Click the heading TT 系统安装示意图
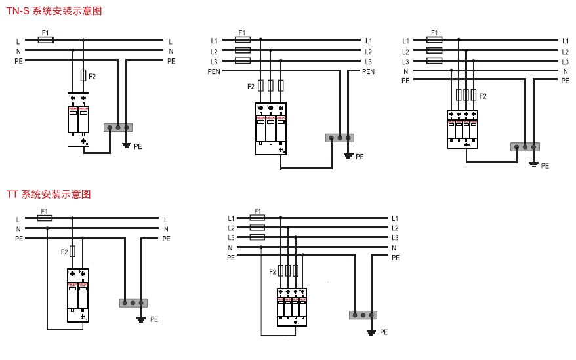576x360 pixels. click(x=48, y=194)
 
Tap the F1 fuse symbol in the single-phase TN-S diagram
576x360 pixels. click(x=45, y=40)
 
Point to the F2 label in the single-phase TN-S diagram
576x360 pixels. click(x=93, y=77)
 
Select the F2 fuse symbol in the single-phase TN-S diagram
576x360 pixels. click(x=83, y=75)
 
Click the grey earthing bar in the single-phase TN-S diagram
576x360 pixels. click(x=118, y=128)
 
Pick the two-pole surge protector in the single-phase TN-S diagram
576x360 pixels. click(x=78, y=119)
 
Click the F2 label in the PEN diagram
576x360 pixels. click(x=251, y=86)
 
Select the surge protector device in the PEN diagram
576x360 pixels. click(x=271, y=129)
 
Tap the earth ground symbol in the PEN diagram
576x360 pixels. click(x=348, y=155)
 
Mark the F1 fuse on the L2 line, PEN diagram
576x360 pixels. click(x=242, y=50)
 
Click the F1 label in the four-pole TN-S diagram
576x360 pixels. click(x=434, y=32)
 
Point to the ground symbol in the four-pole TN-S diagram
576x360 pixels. click(x=533, y=163)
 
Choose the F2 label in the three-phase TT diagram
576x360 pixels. click(x=272, y=271)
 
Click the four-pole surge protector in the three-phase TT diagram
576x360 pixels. click(x=292, y=307)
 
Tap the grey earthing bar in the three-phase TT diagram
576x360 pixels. click(x=363, y=315)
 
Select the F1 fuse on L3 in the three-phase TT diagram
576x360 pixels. click(x=258, y=237)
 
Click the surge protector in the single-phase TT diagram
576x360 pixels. click(x=77, y=295)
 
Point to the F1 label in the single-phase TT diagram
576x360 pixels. click(x=45, y=211)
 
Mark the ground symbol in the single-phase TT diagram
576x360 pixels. click(x=141, y=319)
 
